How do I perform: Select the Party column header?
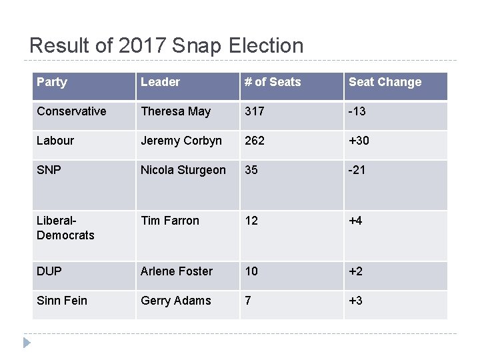point(52,82)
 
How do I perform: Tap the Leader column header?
point(160,82)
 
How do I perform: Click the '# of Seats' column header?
point(273,82)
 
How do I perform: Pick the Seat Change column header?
point(385,82)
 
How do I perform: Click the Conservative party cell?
point(71,111)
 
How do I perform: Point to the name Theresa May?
point(175,111)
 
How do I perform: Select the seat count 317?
point(255,111)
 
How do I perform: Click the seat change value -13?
point(357,111)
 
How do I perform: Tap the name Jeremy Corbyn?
point(181,141)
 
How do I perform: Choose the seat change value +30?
point(359,141)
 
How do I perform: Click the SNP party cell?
point(49,170)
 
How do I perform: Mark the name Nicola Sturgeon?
point(183,170)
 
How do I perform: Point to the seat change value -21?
point(357,170)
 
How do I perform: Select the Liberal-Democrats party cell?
point(65,228)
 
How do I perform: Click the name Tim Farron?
point(169,221)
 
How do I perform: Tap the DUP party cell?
point(49,271)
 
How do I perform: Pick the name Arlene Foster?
point(176,271)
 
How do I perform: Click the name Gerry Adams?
point(175,301)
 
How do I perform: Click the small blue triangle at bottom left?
point(27,343)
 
